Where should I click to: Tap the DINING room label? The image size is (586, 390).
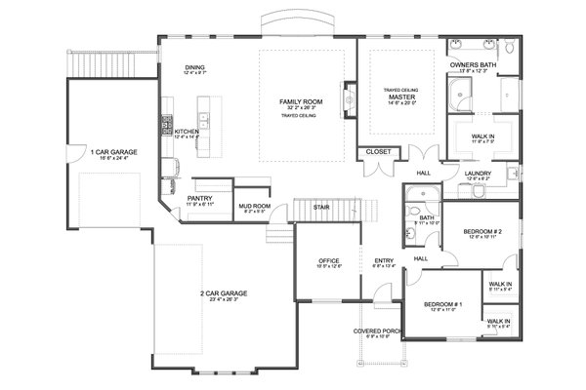195,67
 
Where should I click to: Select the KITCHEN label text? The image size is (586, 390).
187,131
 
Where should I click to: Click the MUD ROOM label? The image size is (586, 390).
254,207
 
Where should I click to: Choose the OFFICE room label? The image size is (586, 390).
328,261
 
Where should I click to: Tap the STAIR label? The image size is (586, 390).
320,208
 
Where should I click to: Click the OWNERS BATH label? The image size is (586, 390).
475,65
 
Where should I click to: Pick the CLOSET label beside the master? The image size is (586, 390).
376,152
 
